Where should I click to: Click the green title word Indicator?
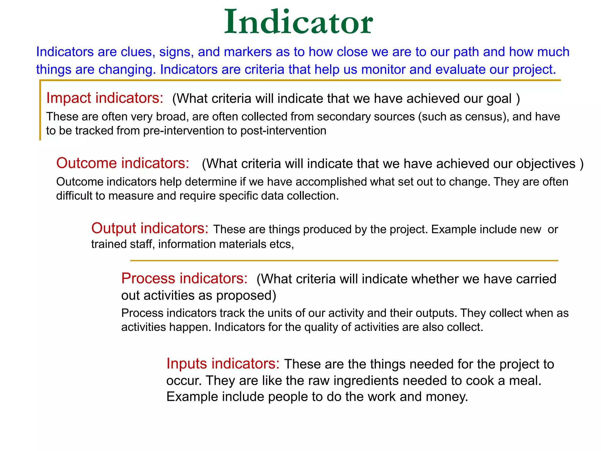click(x=298, y=22)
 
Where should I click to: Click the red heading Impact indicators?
click(x=105, y=98)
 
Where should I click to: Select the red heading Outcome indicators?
click(x=123, y=163)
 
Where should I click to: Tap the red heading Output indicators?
click(x=150, y=228)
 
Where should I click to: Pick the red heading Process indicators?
click(x=184, y=278)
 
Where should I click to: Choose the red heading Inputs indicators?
click(x=223, y=364)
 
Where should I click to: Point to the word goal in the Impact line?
click(x=499, y=99)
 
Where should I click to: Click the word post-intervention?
click(x=283, y=131)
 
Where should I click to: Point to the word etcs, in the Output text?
click(x=281, y=244)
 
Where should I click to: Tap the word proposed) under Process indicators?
click(x=246, y=296)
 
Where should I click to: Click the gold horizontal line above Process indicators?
click(x=344, y=260)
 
